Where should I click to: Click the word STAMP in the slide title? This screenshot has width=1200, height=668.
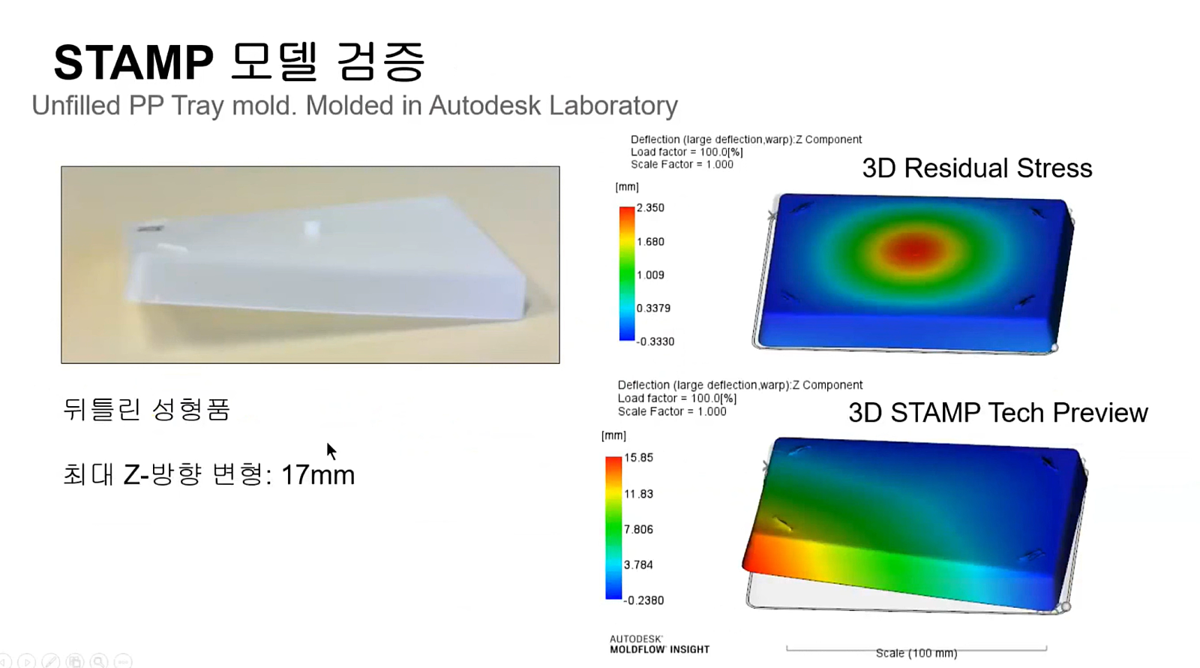coord(134,62)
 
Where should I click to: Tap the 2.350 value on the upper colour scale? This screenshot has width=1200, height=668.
coord(649,208)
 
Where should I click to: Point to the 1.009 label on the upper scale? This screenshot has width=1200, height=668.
coord(649,275)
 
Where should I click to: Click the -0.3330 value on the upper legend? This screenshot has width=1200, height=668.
coord(655,342)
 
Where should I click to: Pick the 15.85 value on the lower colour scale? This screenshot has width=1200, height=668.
coord(638,457)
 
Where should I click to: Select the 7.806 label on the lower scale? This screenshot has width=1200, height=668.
coord(638,529)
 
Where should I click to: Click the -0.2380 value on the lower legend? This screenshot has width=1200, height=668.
coord(643,600)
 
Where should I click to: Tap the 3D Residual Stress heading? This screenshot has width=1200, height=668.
coord(977,168)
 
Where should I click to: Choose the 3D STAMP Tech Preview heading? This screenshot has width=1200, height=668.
coord(998,413)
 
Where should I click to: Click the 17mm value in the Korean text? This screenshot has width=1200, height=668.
coord(318,475)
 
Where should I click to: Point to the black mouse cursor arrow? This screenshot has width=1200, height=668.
coord(331,451)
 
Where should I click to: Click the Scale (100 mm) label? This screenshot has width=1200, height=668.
coord(916,653)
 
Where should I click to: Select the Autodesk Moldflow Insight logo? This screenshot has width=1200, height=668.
coord(659,645)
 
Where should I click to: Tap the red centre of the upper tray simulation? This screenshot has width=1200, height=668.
coord(915,249)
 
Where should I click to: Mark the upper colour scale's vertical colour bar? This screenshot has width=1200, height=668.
coord(627,273)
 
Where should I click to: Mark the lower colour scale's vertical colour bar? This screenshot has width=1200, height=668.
coord(613,528)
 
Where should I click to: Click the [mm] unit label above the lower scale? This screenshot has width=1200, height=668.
coord(613,435)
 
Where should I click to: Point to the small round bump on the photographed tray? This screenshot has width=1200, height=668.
coord(311,228)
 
